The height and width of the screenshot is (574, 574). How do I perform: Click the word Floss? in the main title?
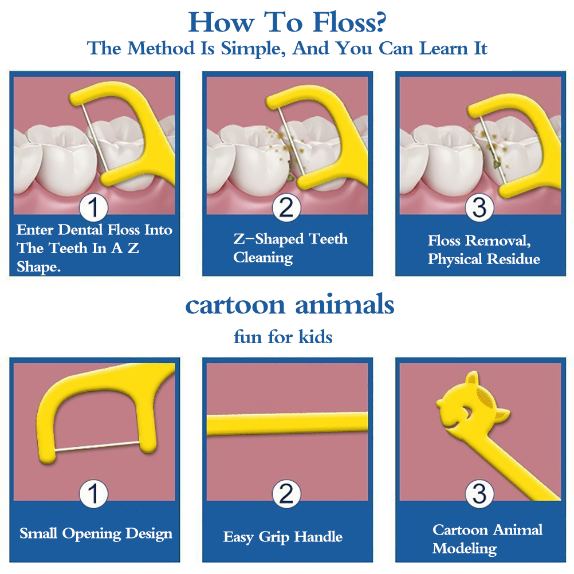[349, 23]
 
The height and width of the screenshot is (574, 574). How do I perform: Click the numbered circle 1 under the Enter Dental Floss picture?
[94, 207]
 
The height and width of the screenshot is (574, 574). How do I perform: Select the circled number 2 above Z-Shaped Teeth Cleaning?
[286, 207]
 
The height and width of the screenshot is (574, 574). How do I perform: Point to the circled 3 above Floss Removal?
[479, 207]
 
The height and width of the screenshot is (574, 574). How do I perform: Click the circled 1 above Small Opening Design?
[94, 493]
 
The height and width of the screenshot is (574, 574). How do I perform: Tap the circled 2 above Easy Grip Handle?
[286, 493]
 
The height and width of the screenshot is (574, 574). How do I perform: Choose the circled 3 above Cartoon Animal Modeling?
[479, 493]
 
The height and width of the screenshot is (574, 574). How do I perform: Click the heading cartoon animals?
[289, 305]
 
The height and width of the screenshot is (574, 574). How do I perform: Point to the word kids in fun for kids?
[316, 337]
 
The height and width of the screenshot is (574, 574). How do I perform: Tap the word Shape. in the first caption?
[38, 267]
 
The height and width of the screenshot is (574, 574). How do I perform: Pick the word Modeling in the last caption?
[465, 548]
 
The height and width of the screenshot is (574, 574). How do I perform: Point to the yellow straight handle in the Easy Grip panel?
[288, 424]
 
